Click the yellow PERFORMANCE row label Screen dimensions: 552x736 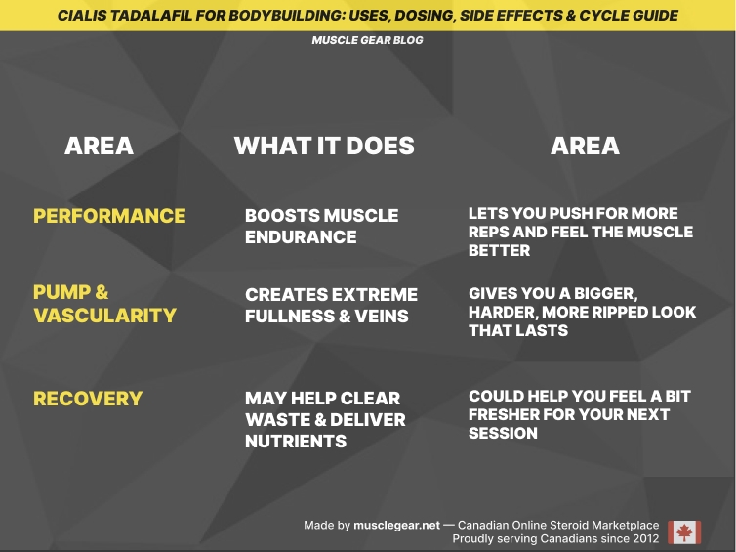click(x=109, y=216)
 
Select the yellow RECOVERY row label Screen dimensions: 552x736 click(x=88, y=399)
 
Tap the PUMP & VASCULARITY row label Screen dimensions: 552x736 click(x=104, y=304)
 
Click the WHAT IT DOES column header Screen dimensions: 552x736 click(x=324, y=147)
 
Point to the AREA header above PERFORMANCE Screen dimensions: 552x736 click(x=99, y=147)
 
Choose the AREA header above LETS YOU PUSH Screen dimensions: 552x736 click(x=585, y=147)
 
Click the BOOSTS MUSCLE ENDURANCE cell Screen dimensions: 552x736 click(x=321, y=226)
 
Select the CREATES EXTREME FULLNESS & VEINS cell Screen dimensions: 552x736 click(x=331, y=305)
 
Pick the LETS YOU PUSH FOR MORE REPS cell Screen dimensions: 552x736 click(x=580, y=232)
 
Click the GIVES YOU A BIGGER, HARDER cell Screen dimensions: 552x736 click(x=582, y=312)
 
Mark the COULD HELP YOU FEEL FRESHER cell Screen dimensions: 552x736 click(x=579, y=414)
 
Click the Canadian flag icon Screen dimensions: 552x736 click(x=684, y=532)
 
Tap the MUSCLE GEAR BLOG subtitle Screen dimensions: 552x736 click(x=367, y=41)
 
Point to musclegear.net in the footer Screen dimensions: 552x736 click(x=396, y=526)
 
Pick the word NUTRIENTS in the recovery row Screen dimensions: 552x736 click(x=296, y=441)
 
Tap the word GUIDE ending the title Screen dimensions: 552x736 click(x=655, y=16)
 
